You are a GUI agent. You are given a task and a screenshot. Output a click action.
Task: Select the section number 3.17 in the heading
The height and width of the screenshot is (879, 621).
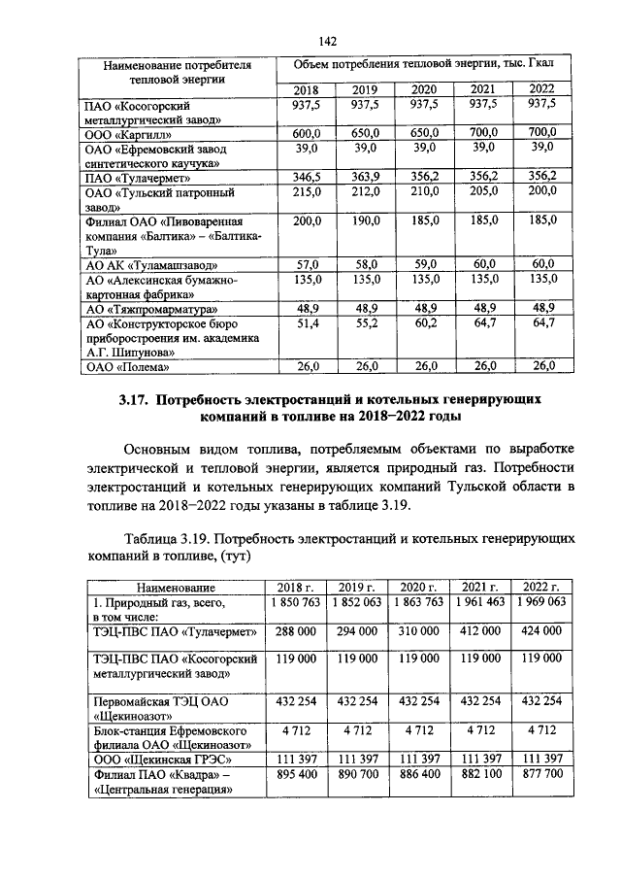coord(135,399)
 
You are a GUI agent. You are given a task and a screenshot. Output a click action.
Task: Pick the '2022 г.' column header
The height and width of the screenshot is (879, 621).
coord(541,588)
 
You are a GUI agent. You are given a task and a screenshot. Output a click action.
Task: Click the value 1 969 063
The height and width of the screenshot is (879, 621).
coord(541,602)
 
